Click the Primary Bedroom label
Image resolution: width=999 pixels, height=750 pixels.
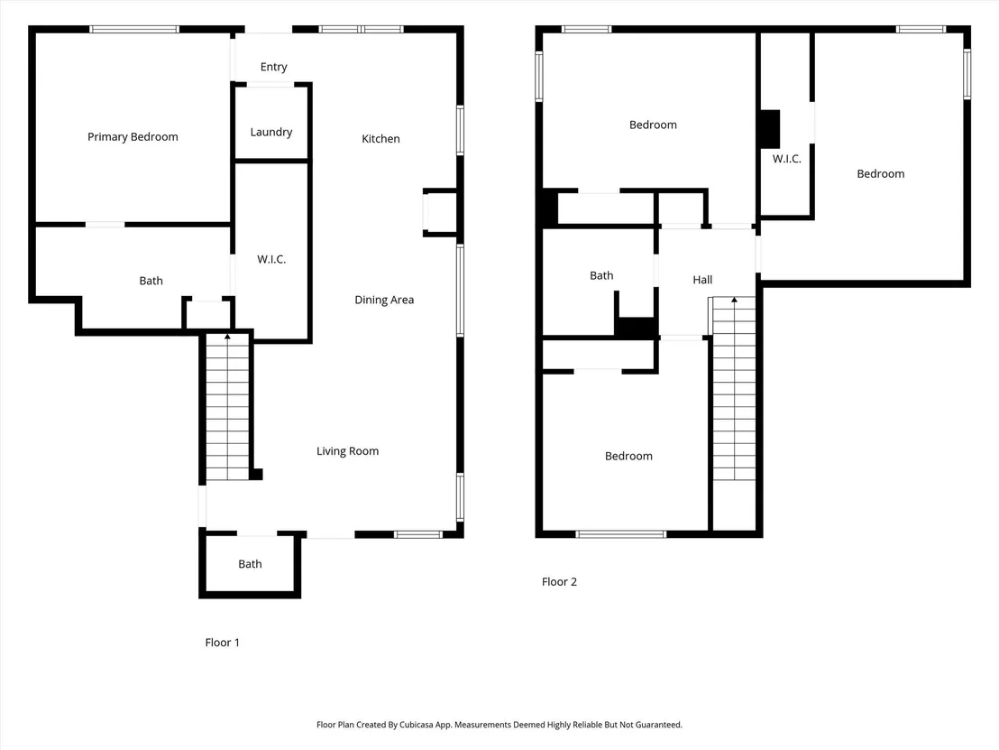point(133,137)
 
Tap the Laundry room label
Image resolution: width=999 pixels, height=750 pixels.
point(271,132)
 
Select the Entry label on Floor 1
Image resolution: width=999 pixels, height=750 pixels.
point(274,67)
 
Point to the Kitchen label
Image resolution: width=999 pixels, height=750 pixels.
point(381,138)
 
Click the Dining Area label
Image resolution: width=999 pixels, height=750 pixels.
point(384,300)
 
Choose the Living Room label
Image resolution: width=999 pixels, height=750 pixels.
point(348,451)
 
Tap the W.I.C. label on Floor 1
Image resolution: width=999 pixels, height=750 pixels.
point(271,259)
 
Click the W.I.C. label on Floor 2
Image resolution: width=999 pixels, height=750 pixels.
point(787,159)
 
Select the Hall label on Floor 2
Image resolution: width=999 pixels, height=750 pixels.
point(702,280)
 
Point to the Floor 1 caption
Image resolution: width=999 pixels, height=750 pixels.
point(223,643)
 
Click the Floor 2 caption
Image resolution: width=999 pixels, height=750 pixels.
point(559,581)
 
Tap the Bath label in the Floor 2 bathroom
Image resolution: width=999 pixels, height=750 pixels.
point(601,275)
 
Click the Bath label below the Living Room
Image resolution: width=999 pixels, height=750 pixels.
point(250,564)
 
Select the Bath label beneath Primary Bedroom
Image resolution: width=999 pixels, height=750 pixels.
point(151,281)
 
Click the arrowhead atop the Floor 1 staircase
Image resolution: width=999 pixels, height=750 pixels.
point(227,336)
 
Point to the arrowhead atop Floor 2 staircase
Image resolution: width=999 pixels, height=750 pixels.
point(734,300)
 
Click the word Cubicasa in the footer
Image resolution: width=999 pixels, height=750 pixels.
point(417,725)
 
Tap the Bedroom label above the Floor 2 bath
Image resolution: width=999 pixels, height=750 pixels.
point(653,125)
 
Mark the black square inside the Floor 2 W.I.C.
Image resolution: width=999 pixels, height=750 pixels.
point(770,129)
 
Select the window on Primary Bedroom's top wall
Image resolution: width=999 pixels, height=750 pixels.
point(133,30)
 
